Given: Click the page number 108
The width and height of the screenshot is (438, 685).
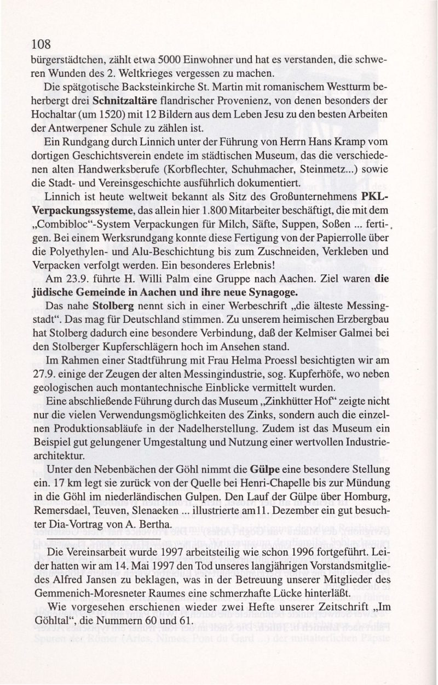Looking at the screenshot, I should coord(42,44).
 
